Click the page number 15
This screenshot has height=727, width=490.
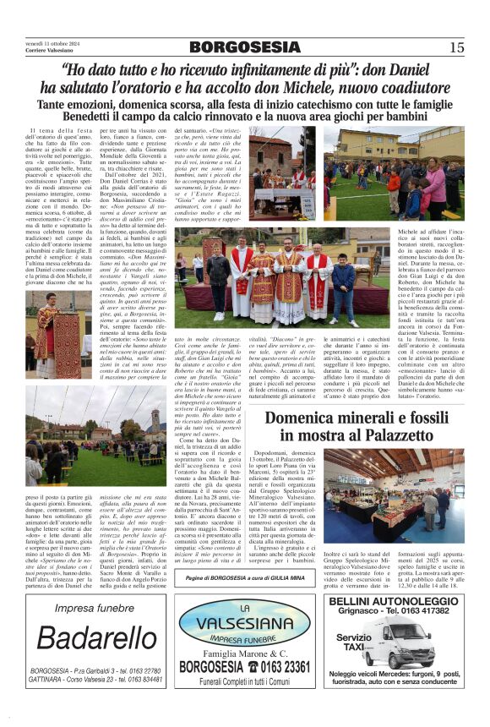pyautogui.click(x=457, y=47)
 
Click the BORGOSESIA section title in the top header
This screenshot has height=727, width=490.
pyautogui.click(x=245, y=47)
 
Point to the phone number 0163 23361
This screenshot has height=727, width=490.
pyautogui.click(x=273, y=667)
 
